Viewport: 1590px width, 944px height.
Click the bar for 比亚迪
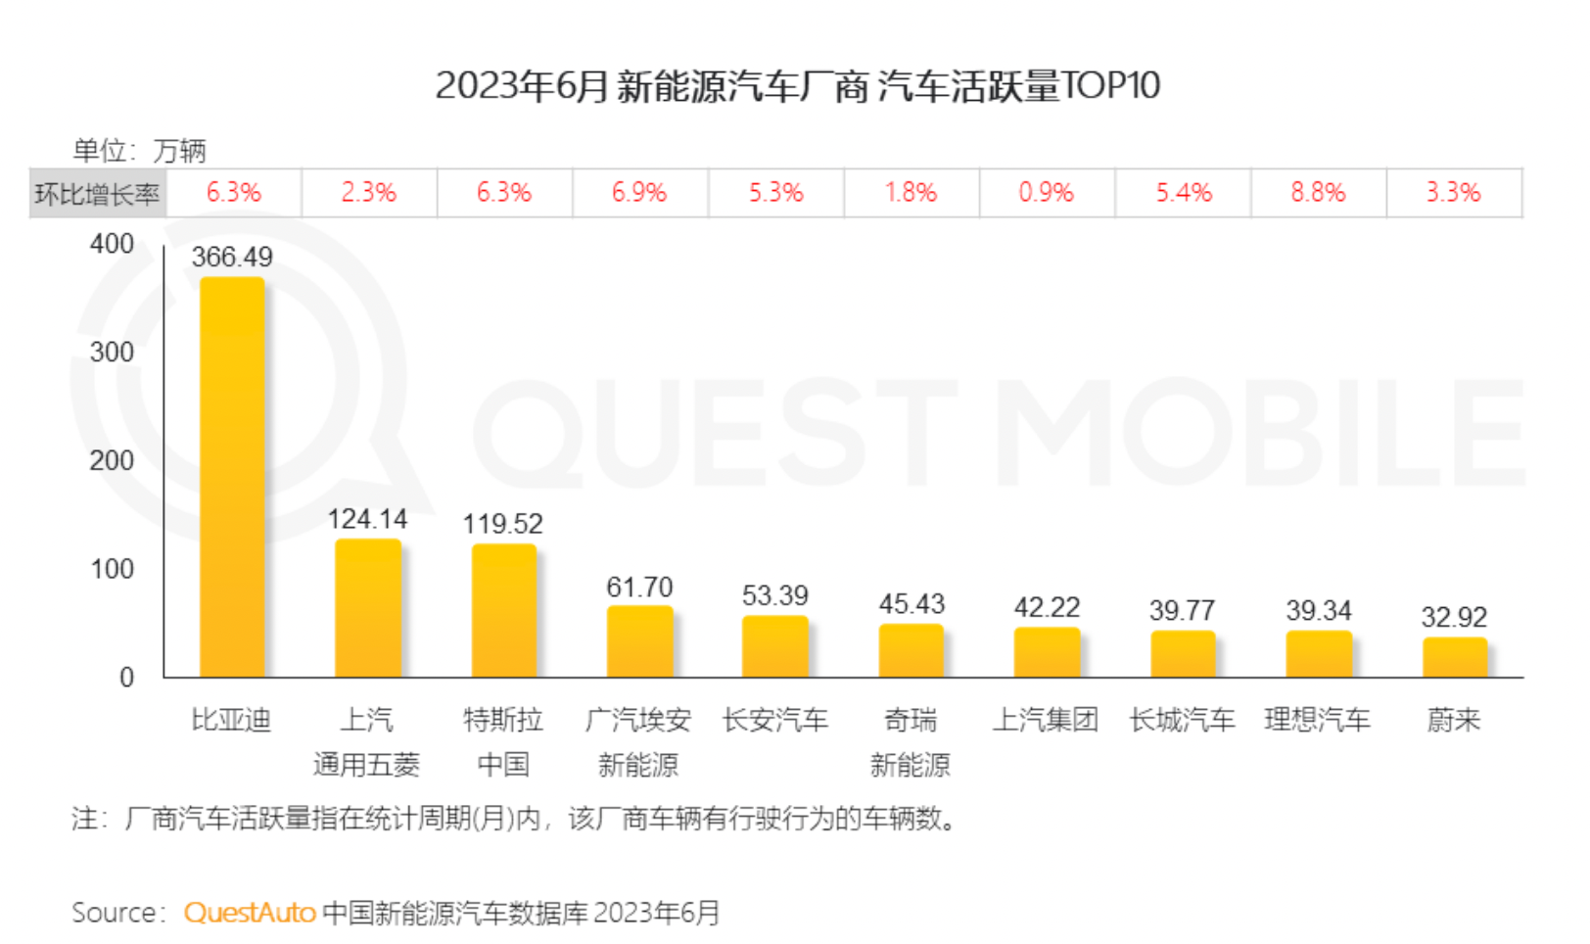tap(232, 477)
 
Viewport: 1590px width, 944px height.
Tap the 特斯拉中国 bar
tap(503, 610)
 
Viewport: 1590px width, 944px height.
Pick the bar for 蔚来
tap(1454, 657)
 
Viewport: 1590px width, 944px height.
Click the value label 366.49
tap(232, 257)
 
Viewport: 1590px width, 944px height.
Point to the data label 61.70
tap(639, 588)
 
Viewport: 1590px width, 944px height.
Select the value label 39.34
tap(1318, 611)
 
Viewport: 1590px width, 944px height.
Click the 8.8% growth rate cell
tap(1318, 193)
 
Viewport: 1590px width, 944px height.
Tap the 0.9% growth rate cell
tap(1046, 193)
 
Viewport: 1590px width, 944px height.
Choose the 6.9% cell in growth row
tap(639, 193)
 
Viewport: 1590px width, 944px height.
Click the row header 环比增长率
tap(97, 194)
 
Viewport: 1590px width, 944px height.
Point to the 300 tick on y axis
tap(112, 353)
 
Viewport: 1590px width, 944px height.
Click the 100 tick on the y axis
tap(112, 569)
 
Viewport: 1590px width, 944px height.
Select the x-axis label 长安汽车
tap(775, 721)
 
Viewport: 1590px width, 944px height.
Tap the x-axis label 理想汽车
tap(1318, 721)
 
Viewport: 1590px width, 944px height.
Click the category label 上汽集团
tap(1046, 721)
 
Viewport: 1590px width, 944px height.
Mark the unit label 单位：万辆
tap(139, 151)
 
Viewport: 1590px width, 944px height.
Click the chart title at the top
tap(797, 86)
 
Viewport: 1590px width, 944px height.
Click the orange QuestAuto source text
tap(250, 913)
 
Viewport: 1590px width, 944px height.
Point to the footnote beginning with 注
tap(514, 819)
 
